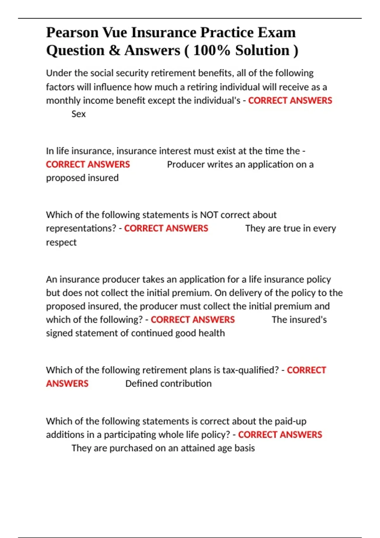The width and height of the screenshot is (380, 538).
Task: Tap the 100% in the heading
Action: (212, 51)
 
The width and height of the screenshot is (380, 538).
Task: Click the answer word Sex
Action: (79, 114)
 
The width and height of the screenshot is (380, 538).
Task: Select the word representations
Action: (81, 228)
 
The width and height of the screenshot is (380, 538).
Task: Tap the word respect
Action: (61, 242)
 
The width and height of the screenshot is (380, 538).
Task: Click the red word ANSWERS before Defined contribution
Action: (67, 384)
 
